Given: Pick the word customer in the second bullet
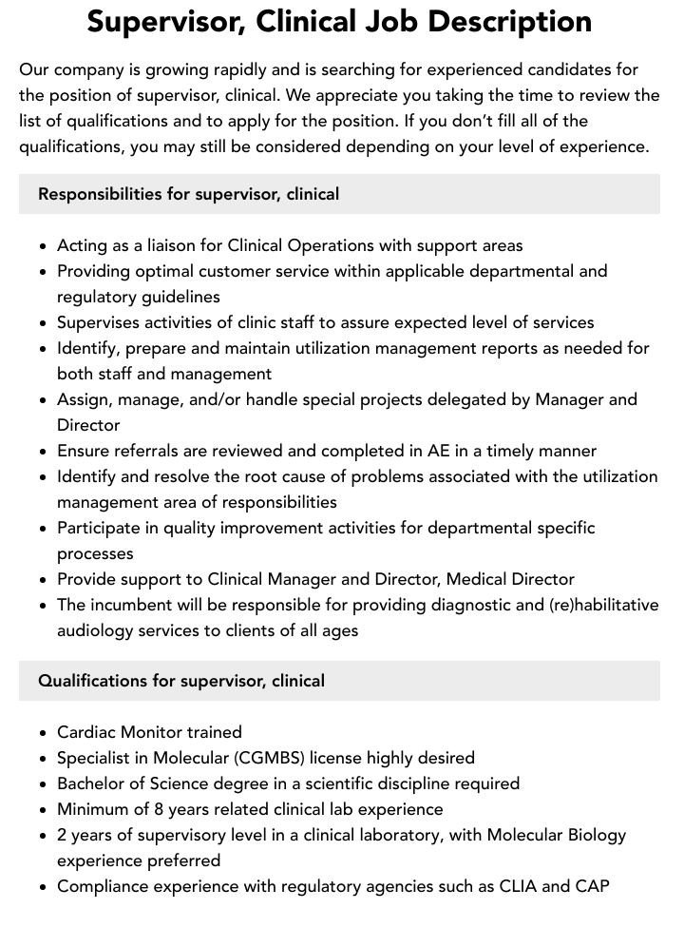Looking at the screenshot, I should click(x=256, y=271).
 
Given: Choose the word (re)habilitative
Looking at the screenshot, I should click(x=596, y=605).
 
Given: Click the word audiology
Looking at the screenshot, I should click(x=96, y=630).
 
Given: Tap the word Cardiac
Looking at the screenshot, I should click(x=86, y=732).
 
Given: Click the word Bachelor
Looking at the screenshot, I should click(x=93, y=783).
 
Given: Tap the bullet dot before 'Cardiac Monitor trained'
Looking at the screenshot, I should click(x=44, y=733).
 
